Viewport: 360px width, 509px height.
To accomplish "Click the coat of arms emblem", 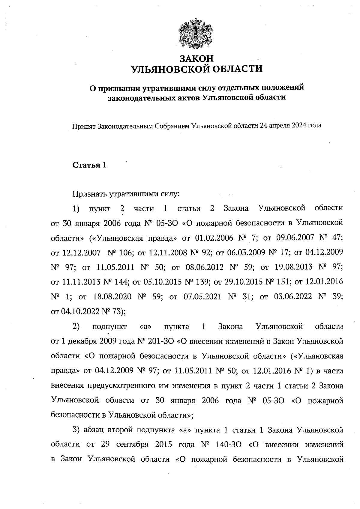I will point(196,33).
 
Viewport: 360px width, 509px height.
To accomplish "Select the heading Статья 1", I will point(89,165).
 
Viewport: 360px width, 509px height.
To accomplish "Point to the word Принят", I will point(84,126).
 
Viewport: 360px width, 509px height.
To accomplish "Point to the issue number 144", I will point(122,282).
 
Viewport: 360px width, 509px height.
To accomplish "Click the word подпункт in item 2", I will point(110,326).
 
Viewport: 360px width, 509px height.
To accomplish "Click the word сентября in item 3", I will point(132,444).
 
